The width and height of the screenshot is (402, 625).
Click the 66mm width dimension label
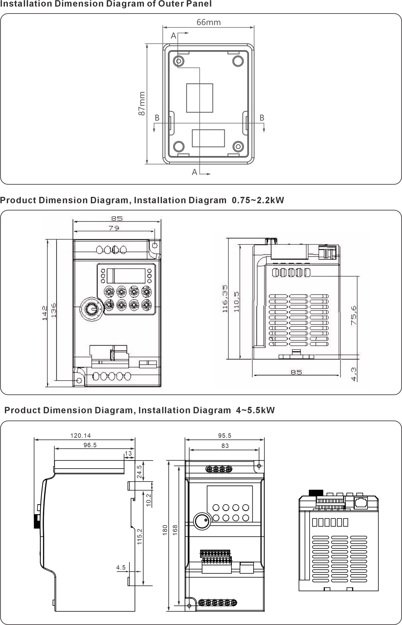tap(209, 22)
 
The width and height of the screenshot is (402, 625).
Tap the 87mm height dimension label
tap(142, 104)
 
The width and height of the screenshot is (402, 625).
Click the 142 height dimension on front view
tap(45, 313)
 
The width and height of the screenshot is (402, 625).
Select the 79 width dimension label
tap(114, 228)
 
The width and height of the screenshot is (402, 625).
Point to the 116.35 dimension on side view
tap(225, 299)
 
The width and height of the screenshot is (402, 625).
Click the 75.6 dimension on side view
tap(354, 315)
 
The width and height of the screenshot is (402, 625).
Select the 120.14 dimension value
tap(80, 436)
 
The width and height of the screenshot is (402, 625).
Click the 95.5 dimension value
tap(224, 436)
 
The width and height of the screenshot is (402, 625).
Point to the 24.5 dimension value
tap(139, 472)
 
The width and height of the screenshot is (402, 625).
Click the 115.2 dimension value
tap(140, 536)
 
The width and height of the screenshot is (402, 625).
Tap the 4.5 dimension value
tap(121, 568)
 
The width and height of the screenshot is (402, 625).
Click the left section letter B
tap(157, 118)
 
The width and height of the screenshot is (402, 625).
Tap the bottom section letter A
tap(194, 172)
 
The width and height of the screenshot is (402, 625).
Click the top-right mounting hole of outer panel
tap(238, 61)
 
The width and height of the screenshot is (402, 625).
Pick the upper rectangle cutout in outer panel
tap(200, 98)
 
